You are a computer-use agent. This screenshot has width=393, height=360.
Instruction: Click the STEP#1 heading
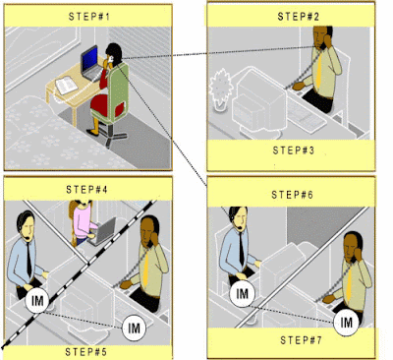point(88,16)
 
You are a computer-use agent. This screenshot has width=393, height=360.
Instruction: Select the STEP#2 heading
point(298,17)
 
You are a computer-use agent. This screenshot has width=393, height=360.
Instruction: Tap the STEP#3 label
point(293,150)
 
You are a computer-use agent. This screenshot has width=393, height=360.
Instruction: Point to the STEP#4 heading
point(86,189)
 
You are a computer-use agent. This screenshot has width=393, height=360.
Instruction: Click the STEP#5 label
point(85,352)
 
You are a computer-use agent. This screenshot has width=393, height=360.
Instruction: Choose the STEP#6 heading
point(292,195)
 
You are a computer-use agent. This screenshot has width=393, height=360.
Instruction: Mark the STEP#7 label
point(301,340)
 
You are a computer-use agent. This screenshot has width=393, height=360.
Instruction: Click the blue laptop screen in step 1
point(89,60)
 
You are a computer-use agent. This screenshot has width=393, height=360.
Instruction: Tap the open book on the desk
point(67,85)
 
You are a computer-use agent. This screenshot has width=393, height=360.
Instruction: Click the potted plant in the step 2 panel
point(220,90)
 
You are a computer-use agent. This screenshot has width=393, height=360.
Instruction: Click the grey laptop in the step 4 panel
point(102,230)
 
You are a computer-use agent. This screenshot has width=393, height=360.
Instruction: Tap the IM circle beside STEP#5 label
point(134,328)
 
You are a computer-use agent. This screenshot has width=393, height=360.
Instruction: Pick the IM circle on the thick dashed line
point(37,301)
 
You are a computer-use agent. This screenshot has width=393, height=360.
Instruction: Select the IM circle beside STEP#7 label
point(346,322)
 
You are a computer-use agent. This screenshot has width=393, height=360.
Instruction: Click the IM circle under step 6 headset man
point(242,293)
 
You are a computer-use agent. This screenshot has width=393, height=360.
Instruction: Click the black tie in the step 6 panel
point(242,249)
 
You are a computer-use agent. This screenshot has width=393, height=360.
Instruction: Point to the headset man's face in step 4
point(28,227)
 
